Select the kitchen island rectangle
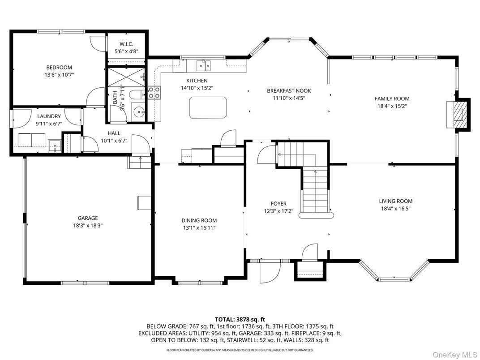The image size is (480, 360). pos(208,107)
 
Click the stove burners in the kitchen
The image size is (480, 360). pos(154,93)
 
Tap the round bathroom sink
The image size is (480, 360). pos(138,111)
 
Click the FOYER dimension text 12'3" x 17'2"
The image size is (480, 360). pos(278,211)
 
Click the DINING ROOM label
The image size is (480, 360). pos(199,220)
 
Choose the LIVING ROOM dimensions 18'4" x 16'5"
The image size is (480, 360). pos(395,208)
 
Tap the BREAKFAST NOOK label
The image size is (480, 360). pos(288,90)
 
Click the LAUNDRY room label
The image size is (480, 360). pos(49,116)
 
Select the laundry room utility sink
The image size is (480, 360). pos(55,145)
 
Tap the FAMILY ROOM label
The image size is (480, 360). pos(392,99)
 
